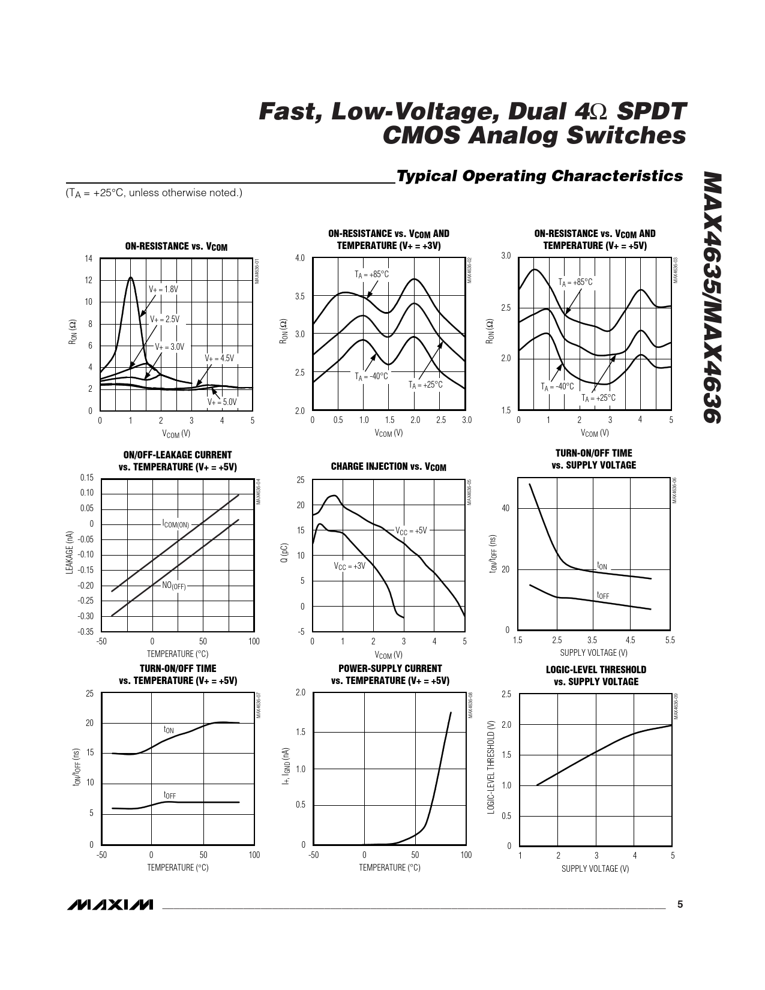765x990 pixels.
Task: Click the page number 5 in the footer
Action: coord(680,904)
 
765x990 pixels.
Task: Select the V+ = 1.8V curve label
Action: coord(163,289)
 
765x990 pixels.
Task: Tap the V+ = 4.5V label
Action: coord(219,358)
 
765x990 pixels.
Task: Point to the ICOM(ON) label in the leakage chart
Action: coord(176,524)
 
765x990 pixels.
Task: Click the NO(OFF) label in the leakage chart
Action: coord(174,586)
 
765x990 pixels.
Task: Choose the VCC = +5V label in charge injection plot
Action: coord(411,531)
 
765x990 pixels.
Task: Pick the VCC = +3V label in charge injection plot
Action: coord(349,566)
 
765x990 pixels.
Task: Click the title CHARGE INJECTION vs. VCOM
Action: coord(388,467)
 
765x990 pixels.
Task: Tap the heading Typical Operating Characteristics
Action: coord(539,176)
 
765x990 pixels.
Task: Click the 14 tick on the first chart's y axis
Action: coord(88,259)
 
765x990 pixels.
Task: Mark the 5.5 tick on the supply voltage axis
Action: coord(670,640)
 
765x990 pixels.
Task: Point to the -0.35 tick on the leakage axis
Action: coord(86,631)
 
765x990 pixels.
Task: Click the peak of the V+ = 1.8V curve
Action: coord(130,277)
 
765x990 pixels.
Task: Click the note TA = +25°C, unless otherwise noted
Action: coord(154,193)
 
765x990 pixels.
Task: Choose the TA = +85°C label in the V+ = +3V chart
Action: coord(371,275)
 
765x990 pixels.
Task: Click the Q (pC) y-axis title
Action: coord(285,553)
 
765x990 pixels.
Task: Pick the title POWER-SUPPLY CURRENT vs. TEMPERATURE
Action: coord(390,674)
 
